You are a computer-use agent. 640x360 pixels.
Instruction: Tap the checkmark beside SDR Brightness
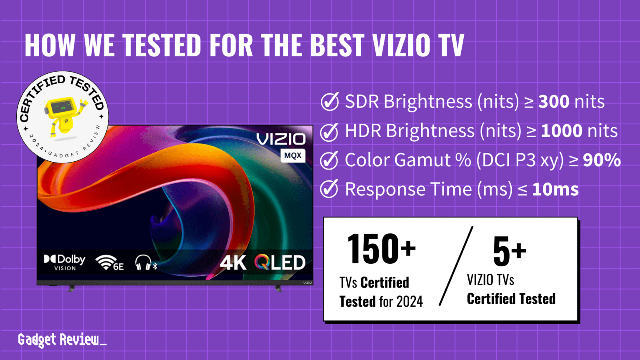coord(330,102)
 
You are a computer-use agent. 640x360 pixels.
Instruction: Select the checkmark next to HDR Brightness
coord(329,132)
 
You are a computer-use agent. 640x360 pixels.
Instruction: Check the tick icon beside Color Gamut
coord(329,160)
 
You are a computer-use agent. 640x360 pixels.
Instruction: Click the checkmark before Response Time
coord(329,190)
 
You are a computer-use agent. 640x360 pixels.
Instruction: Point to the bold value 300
coord(554,102)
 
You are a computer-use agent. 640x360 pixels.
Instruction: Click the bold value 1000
coord(562,131)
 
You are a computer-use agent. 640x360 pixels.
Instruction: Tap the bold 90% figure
coord(602,160)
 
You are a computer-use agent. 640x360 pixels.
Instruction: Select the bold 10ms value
coord(555,190)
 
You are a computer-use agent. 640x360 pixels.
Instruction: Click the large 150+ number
coord(381,249)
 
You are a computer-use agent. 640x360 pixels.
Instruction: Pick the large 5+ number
coord(509,251)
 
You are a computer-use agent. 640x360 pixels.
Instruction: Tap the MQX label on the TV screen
coord(293,156)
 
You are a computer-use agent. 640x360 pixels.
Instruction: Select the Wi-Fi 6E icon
coord(109,263)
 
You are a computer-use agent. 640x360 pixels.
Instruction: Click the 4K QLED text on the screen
coord(262,263)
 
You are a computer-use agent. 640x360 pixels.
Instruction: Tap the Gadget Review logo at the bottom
coord(61,340)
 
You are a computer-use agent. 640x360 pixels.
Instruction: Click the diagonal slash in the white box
coord(456,267)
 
